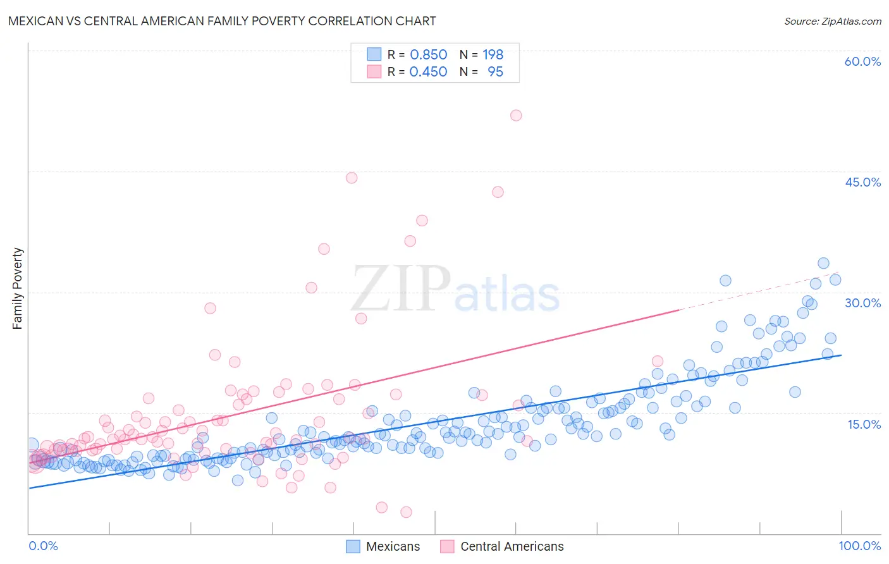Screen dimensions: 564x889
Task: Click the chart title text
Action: [222, 21]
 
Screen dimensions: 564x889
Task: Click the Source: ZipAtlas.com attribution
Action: [832, 21]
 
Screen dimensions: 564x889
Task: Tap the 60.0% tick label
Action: [862, 61]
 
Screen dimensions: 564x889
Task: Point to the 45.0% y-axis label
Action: [862, 182]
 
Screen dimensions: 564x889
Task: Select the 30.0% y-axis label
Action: [862, 303]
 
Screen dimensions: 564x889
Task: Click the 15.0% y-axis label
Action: [864, 424]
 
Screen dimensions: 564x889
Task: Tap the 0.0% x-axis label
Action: [43, 546]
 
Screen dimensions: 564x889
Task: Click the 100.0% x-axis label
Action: [859, 546]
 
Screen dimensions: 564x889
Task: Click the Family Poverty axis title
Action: [18, 288]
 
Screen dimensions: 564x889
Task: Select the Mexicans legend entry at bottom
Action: [383, 546]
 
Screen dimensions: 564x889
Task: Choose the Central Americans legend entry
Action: [502, 546]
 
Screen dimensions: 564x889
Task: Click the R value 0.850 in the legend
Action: [428, 55]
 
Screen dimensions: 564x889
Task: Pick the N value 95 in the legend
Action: [495, 72]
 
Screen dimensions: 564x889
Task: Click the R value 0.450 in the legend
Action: [428, 72]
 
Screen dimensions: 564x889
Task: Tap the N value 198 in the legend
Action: [493, 55]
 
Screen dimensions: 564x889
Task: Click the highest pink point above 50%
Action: [516, 115]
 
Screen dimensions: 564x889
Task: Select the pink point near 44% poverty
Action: [352, 178]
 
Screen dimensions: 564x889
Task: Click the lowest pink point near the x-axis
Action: [406, 512]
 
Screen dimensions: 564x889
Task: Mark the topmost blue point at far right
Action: [823, 263]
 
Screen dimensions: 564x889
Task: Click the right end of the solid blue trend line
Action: [841, 355]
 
